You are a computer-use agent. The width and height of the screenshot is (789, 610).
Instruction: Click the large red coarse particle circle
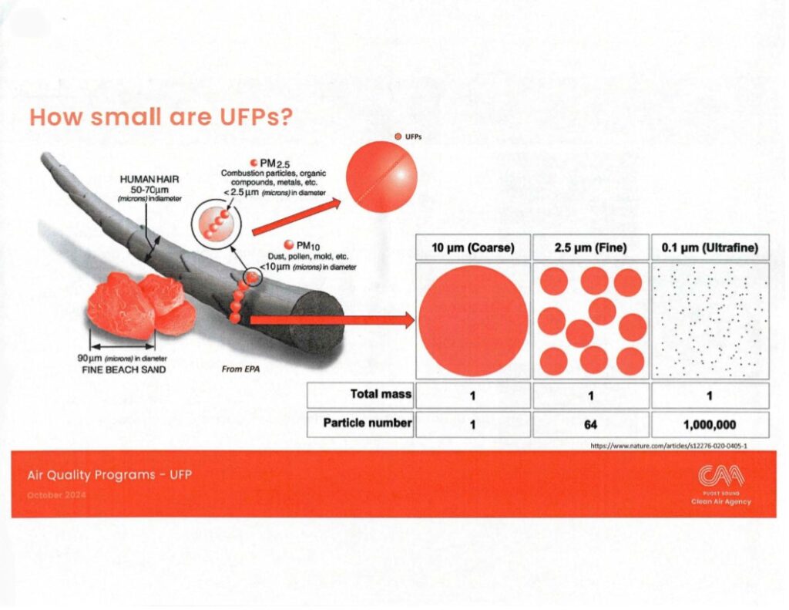pyautogui.click(x=472, y=320)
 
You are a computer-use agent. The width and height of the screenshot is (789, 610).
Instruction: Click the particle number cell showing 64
pyautogui.click(x=591, y=423)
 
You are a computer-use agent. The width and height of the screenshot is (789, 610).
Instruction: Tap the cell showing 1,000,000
pyautogui.click(x=709, y=423)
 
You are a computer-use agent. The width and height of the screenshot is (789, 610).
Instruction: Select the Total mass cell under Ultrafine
pyautogui.click(x=709, y=396)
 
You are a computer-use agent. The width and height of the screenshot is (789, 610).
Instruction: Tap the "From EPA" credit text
pyautogui.click(x=238, y=369)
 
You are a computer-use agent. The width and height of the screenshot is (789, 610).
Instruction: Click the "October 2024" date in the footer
pyautogui.click(x=56, y=494)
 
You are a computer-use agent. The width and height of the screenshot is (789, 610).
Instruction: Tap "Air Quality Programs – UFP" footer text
pyautogui.click(x=109, y=474)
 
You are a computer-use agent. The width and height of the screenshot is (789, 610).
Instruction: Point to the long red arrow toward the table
pyautogui.click(x=331, y=319)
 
